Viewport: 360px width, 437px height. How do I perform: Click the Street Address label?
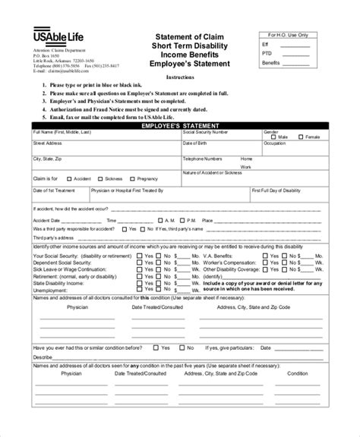(x=48, y=143)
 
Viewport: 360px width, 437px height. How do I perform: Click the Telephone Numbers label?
(x=203, y=159)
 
